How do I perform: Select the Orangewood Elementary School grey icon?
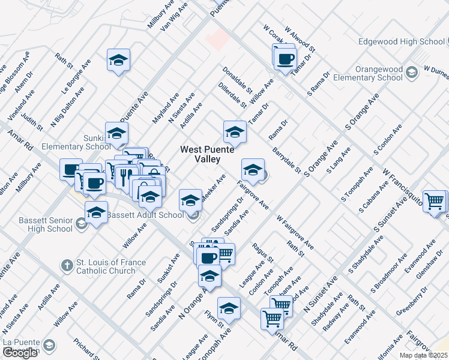tap(412, 73)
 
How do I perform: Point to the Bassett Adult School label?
tap(154, 215)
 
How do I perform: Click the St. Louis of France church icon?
tap(68, 265)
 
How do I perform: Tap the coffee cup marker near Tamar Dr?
tap(285, 59)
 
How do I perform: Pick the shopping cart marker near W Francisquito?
tap(435, 200)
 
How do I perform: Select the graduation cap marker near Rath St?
tap(118, 60)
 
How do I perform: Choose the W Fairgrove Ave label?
tap(295, 234)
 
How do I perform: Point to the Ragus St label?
tap(263, 253)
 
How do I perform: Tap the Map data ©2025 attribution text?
tap(423, 355)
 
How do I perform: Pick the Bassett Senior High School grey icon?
tap(82, 224)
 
